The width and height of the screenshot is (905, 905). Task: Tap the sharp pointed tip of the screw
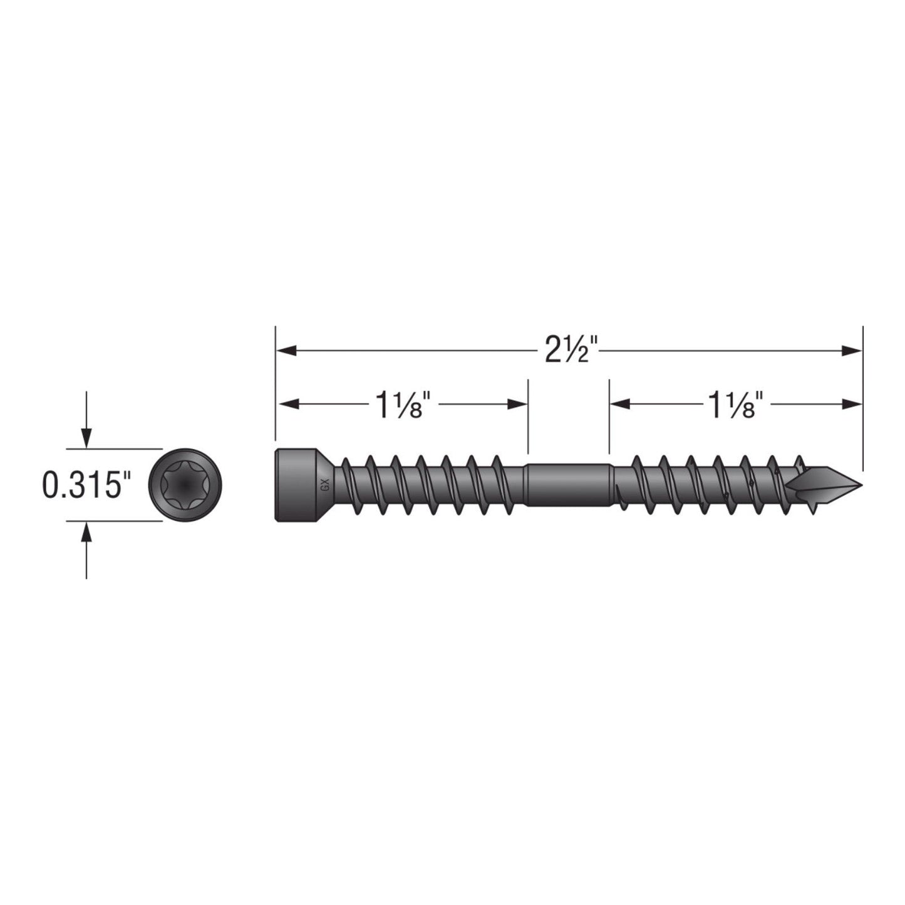pyautogui.click(x=858, y=485)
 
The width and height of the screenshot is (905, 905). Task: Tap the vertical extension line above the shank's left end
pyautogui.click(x=528, y=416)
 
